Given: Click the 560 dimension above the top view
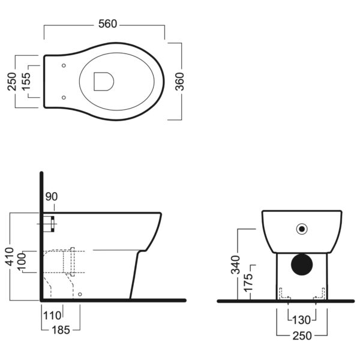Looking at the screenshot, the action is (x=107, y=24).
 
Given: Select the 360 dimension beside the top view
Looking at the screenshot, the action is (x=179, y=82).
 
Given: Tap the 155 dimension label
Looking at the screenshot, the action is (x=25, y=82).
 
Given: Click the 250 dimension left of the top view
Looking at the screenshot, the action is (x=12, y=82).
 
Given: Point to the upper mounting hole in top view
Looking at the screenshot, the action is (x=64, y=65).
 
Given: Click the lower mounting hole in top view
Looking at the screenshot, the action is (x=64, y=98).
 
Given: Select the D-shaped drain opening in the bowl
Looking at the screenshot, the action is (x=104, y=82).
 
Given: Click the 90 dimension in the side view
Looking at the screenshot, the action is (x=52, y=197).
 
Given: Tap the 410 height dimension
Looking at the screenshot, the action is (x=10, y=256).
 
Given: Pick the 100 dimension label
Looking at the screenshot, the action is (x=22, y=262).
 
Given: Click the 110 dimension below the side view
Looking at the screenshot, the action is (x=52, y=316).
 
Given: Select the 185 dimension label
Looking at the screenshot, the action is (x=61, y=330).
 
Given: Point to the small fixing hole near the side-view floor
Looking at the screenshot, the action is (x=80, y=294).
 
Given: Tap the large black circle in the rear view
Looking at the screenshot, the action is (x=302, y=265).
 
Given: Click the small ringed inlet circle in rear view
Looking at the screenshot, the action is (x=302, y=229).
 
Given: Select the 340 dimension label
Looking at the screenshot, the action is (x=235, y=265).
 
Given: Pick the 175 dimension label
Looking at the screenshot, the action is (x=248, y=283).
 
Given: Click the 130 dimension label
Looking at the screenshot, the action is (x=301, y=320).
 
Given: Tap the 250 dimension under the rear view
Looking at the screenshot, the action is (x=302, y=336).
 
